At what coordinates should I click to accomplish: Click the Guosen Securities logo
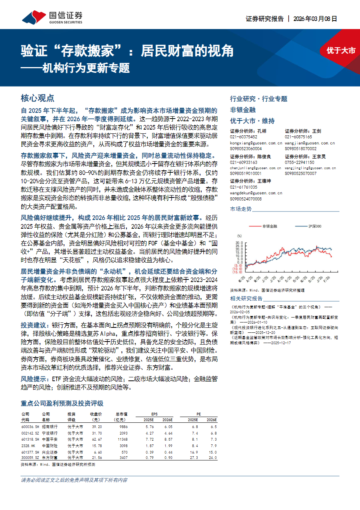(x=52, y=17)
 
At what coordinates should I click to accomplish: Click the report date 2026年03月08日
(x=315, y=19)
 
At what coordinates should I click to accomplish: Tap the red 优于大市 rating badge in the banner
(x=341, y=51)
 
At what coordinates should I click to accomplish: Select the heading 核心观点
(x=37, y=98)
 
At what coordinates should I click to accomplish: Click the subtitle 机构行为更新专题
(x=86, y=68)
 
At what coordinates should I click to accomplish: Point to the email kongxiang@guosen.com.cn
(x=256, y=143)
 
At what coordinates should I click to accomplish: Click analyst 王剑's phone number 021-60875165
(x=298, y=137)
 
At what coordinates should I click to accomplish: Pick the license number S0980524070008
(x=246, y=199)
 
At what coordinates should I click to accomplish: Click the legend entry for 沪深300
(x=315, y=226)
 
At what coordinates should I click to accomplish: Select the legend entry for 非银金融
(x=269, y=226)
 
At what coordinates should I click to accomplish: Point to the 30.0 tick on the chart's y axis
(x=239, y=243)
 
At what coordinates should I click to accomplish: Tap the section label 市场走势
(x=241, y=209)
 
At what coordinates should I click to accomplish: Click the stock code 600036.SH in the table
(x=30, y=427)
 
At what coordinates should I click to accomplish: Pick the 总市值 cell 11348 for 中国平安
(x=123, y=439)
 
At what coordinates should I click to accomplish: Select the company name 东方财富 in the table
(x=50, y=458)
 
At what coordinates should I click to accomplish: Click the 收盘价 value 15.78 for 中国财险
(x=97, y=446)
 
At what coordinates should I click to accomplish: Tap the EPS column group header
(x=154, y=414)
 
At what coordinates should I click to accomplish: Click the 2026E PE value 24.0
(x=213, y=458)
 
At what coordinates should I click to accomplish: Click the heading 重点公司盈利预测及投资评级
(x=62, y=403)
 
